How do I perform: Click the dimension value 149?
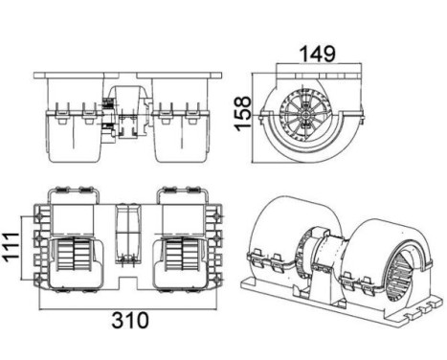click(318, 55)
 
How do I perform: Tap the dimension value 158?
click(243, 113)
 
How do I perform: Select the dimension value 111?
click(11, 247)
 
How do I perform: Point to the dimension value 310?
click(130, 321)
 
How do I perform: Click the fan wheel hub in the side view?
click(306, 115)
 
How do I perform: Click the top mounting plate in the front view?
click(127, 76)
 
